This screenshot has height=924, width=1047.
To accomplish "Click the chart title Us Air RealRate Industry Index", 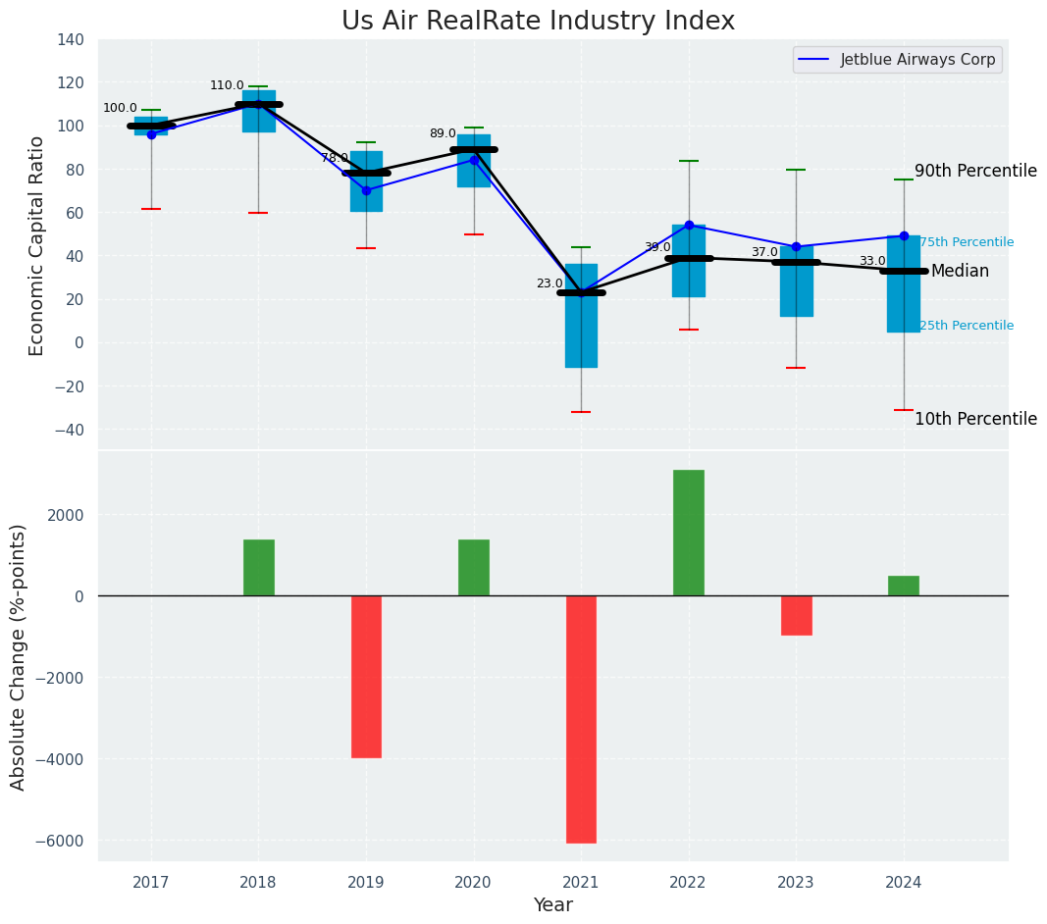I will [538, 22].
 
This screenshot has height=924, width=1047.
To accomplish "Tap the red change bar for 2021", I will [581, 719].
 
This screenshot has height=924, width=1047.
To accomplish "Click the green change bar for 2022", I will [689, 533].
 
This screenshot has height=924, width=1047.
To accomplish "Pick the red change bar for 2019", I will [366, 677].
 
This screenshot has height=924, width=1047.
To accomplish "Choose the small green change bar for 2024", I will [904, 586].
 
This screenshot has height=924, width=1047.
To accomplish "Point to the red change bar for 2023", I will [796, 615].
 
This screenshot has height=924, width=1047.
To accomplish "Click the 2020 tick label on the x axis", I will [474, 883].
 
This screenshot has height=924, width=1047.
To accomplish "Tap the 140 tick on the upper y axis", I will [71, 40].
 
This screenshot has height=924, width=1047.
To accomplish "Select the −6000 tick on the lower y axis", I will [62, 841].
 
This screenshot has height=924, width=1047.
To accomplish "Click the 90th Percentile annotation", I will [975, 172].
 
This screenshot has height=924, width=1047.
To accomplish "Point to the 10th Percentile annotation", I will [975, 420].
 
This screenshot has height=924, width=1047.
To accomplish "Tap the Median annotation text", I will [960, 272].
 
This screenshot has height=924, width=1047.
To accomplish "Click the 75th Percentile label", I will [967, 242].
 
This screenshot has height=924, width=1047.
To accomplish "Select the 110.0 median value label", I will [227, 85].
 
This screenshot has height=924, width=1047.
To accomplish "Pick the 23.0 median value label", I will [550, 283].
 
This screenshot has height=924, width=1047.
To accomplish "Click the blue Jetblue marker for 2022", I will [689, 225].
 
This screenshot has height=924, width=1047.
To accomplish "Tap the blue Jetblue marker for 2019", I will [366, 190].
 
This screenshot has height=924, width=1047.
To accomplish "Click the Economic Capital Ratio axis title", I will [37, 245].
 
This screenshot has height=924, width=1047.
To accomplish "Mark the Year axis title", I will [552, 905].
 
